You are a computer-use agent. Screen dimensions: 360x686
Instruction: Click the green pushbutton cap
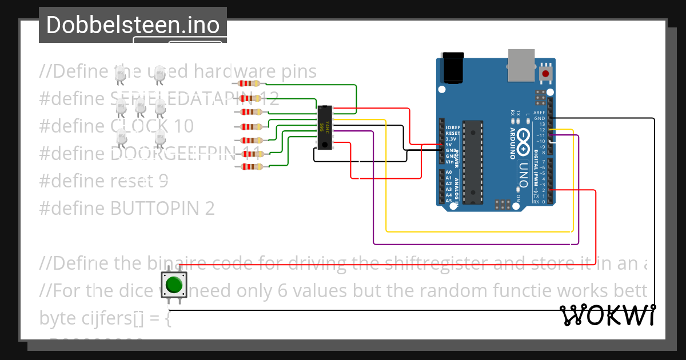174,284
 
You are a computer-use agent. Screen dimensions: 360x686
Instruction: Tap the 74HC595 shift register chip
325,127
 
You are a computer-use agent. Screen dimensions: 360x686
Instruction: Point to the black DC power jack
454,67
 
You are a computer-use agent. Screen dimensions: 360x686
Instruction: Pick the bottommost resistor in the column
251,167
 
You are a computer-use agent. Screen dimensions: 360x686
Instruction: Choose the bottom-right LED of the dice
160,138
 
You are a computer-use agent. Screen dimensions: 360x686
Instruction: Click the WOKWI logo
607,315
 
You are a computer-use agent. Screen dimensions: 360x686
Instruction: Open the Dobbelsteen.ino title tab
133,25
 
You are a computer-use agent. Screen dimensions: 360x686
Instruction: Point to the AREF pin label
539,113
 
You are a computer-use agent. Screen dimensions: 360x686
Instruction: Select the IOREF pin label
452,127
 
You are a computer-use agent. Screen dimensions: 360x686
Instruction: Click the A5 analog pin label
449,201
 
